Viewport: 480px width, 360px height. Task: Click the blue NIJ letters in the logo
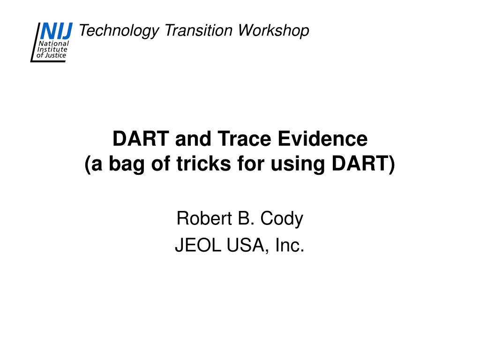coord(56,31)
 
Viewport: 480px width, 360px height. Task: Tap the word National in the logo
coord(54,44)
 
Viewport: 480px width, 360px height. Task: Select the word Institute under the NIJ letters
coord(52,49)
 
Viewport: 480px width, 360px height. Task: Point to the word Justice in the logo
coord(55,55)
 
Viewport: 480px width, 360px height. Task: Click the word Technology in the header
coord(119,31)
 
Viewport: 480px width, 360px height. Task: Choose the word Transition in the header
coord(198,30)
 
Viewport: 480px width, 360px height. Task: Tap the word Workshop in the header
coord(273,31)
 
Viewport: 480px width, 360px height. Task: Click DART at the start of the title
coord(141,139)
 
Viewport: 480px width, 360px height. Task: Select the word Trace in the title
coord(244,139)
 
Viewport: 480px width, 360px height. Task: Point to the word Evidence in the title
coord(322,139)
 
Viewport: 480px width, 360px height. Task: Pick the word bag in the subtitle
coord(127,165)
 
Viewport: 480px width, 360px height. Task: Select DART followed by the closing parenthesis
coord(363,164)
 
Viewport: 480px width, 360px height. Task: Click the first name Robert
coord(204,218)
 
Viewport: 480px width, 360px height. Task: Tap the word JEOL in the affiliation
coord(198,245)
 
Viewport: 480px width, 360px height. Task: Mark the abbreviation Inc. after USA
coord(290,245)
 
